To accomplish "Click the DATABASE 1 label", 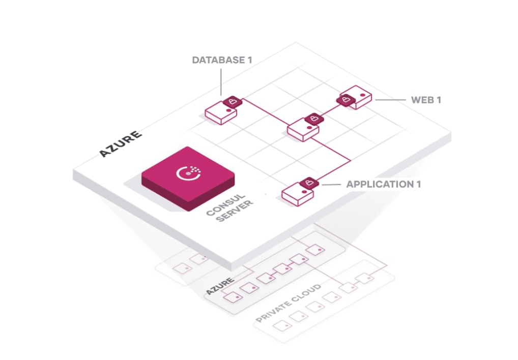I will (221, 60).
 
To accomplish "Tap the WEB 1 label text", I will (425, 100).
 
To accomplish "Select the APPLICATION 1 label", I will (383, 184).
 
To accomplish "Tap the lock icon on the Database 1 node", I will (233, 102).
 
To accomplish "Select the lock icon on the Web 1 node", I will (346, 100).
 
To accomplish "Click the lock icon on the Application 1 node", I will (308, 183).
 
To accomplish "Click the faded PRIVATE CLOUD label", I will (288, 304).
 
